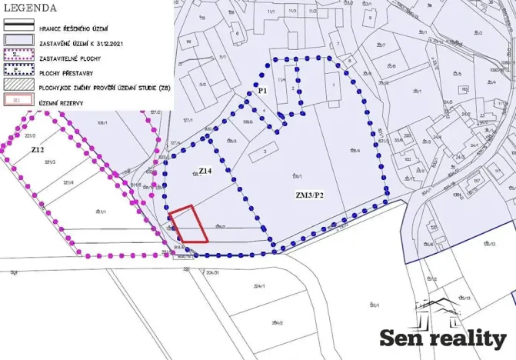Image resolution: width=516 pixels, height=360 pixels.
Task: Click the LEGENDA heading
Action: click(x=31, y=8)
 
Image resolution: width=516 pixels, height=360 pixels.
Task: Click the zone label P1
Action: click(x=262, y=92)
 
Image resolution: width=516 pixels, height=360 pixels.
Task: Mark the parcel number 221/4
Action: click(x=68, y=182)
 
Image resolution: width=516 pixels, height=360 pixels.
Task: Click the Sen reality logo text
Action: click(x=444, y=338)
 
